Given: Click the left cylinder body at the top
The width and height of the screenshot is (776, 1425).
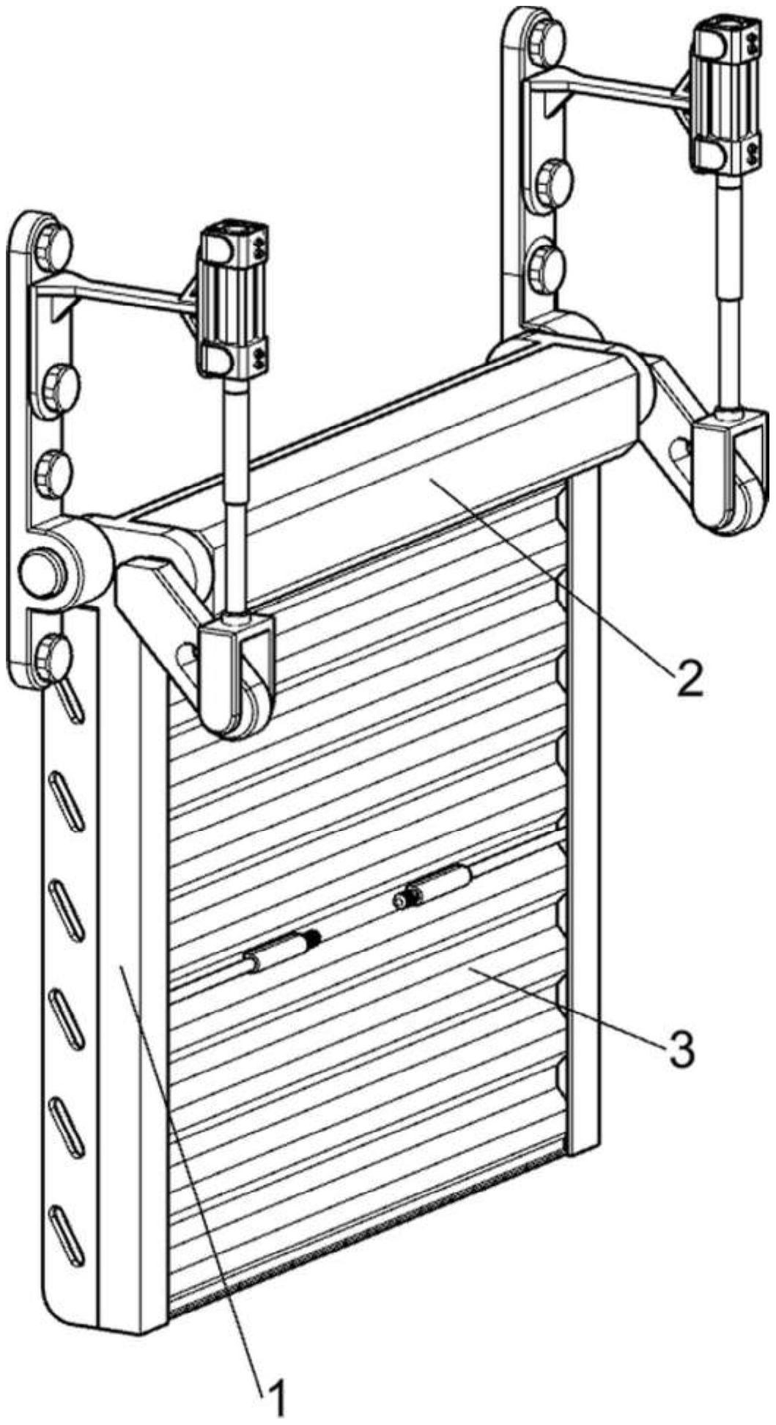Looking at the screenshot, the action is (234, 301).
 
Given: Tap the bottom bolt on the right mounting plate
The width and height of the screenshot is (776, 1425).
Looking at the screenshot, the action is (547, 263).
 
